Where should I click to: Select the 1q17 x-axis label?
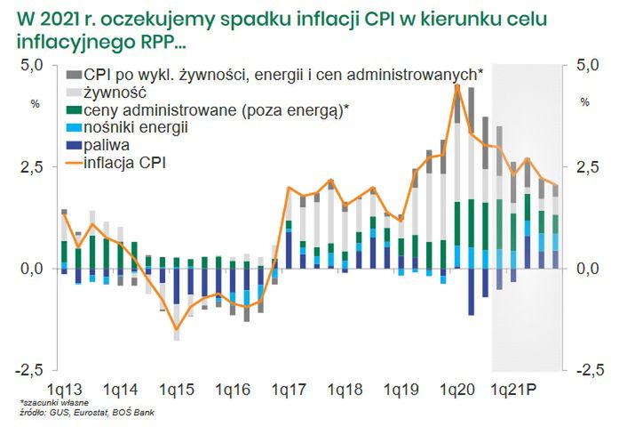pos(290,391)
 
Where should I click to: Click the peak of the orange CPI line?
pos(456,85)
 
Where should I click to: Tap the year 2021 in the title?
pos(58,18)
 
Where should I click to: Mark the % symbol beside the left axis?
pos(36,103)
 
